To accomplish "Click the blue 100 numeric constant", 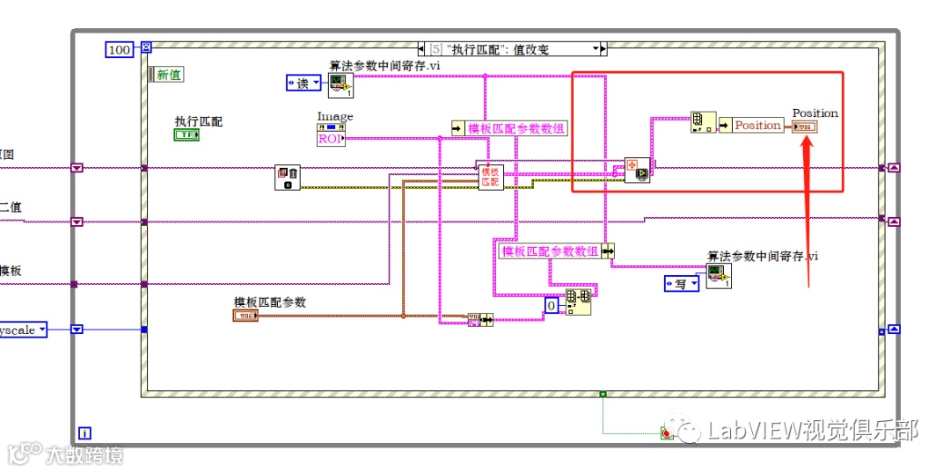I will click(119, 49).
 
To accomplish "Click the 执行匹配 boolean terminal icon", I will click(186, 135).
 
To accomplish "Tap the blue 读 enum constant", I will click(304, 84).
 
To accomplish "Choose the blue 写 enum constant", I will click(682, 283).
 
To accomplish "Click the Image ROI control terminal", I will click(330, 134).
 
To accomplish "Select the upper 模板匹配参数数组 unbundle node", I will click(509, 128).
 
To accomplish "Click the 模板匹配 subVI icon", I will click(490, 177).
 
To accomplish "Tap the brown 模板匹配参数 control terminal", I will click(245, 315).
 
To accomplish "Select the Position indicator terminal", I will click(805, 127).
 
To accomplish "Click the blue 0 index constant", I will click(552, 305).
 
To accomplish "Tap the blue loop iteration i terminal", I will click(84, 432).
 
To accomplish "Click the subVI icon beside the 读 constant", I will click(341, 84).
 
